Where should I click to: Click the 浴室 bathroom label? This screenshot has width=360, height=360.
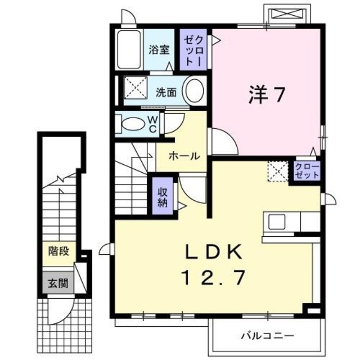click(159, 50)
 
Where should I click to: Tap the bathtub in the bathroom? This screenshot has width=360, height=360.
click(130, 50)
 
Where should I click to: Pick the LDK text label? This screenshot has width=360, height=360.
click(213, 252)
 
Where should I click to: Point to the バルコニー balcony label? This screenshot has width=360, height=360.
click(267, 336)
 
